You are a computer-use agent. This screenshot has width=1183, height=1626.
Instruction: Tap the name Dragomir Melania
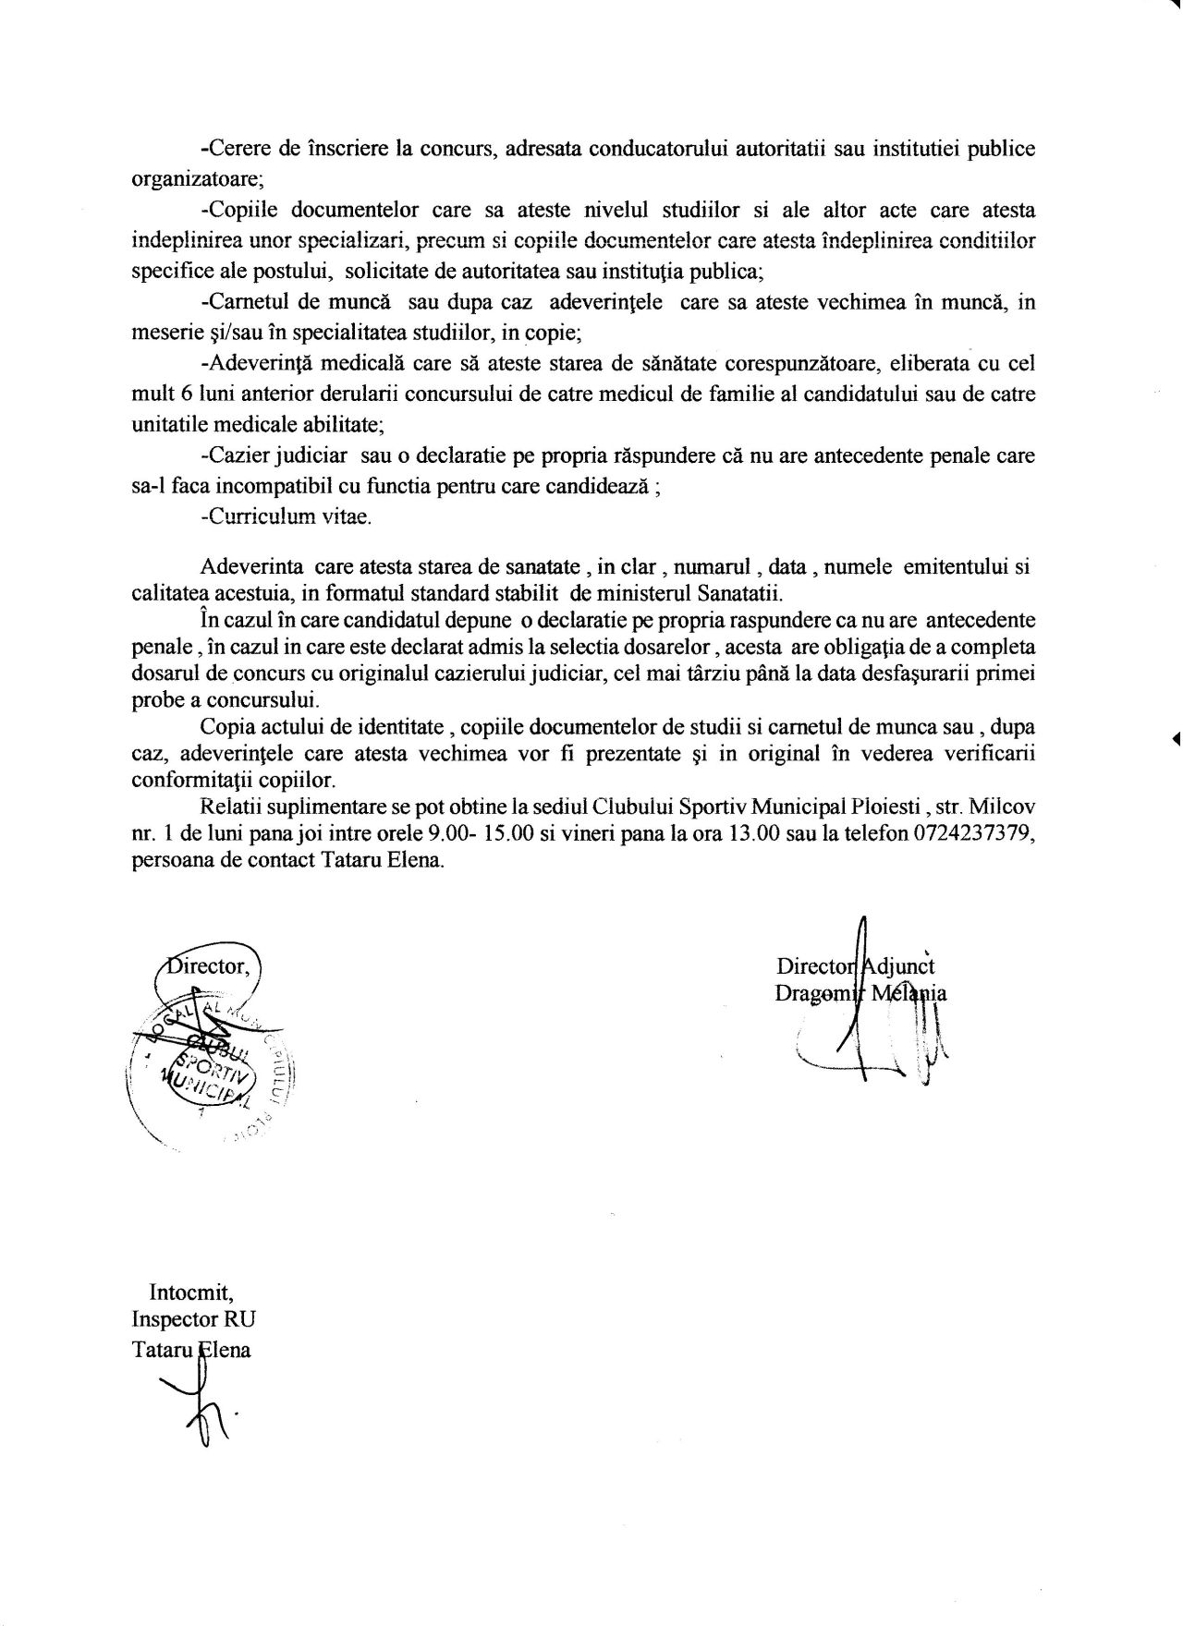pos(862,994)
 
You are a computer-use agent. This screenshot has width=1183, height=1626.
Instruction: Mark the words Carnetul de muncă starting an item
pos(299,303)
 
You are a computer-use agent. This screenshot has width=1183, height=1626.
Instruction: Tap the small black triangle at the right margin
pos(1176,736)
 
